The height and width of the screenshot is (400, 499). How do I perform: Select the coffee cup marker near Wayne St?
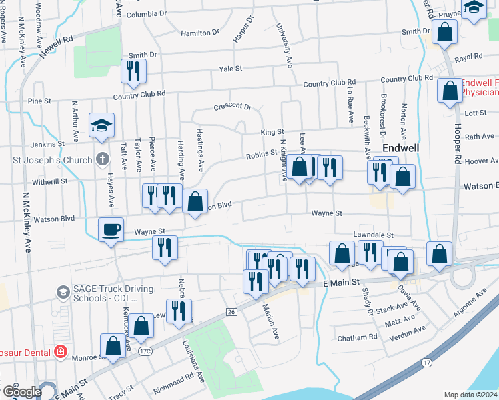pyautogui.click(x=111, y=230)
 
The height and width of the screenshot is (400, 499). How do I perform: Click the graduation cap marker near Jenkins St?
pyautogui.click(x=101, y=125)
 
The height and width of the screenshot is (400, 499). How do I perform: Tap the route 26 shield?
pyautogui.click(x=231, y=312)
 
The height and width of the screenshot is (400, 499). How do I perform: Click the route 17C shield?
pyautogui.click(x=145, y=349)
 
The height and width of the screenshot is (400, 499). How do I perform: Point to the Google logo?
pyautogui.click(x=21, y=392)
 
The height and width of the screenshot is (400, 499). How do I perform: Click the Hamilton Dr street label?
pyautogui.click(x=200, y=32)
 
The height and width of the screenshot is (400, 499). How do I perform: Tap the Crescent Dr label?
pyautogui.click(x=232, y=106)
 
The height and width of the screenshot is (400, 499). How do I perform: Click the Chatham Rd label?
pyautogui.click(x=358, y=337)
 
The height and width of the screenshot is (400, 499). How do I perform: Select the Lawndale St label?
pyautogui.click(x=374, y=235)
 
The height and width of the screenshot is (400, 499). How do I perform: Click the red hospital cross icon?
pyautogui.click(x=61, y=350)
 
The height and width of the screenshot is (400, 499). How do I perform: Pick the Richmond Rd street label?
pyautogui.click(x=173, y=383)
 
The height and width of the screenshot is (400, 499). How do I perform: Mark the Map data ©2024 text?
pyautogui.click(x=471, y=395)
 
